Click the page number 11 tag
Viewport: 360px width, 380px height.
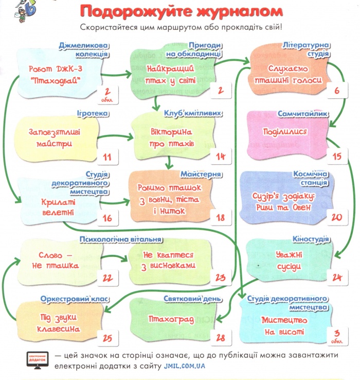107,157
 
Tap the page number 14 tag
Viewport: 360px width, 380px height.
221,157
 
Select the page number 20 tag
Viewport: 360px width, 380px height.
337,217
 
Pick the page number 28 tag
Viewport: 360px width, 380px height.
221,338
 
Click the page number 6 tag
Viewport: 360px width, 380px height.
337,90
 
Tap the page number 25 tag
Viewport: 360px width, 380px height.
107,338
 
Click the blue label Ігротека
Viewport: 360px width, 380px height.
93,113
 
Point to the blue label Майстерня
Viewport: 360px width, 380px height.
201,174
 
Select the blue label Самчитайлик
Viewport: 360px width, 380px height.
303,114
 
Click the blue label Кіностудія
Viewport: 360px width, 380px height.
311,239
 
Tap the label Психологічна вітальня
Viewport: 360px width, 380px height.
120,239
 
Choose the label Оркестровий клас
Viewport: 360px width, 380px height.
75,299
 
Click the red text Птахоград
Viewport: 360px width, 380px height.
171,319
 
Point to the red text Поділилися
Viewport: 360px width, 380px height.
285,132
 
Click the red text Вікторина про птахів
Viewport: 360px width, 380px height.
171,137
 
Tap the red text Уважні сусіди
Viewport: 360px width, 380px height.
289,261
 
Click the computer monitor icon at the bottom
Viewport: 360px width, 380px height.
37,360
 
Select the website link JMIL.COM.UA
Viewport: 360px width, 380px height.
184,366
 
